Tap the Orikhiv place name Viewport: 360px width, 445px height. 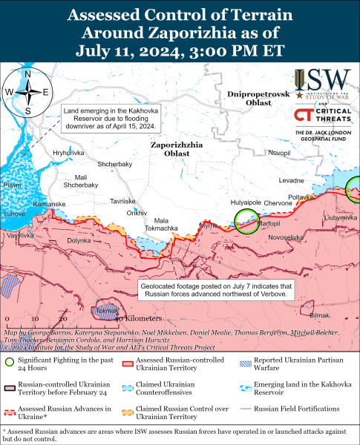pyautogui.click(x=137, y=213)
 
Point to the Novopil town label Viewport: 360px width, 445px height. pyautogui.click(x=279, y=153)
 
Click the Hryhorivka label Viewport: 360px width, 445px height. pyautogui.click(x=68, y=153)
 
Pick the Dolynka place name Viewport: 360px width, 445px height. pyautogui.click(x=79, y=240)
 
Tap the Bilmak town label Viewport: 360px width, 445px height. pyautogui.click(x=319, y=315)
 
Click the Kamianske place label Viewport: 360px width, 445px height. pyautogui.click(x=49, y=203)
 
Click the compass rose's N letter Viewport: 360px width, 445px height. pyautogui.click(x=27, y=74)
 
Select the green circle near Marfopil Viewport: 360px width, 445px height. pyautogui.click(x=246, y=220)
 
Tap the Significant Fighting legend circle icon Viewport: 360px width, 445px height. pyautogui.click(x=9, y=363)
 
